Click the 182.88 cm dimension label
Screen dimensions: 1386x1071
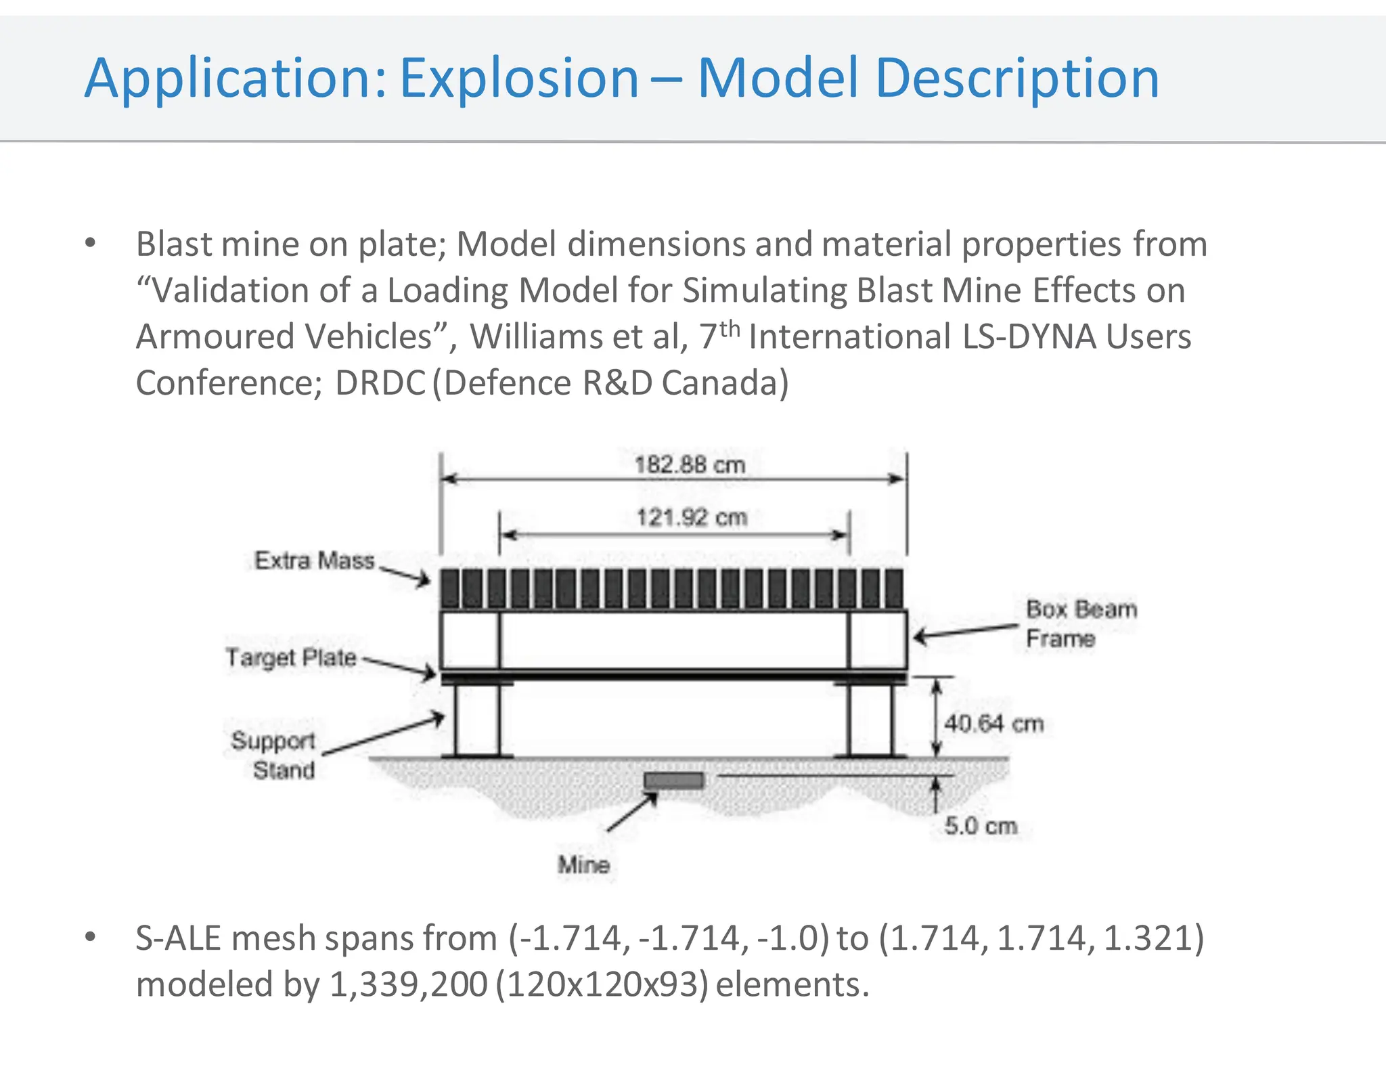(x=690, y=465)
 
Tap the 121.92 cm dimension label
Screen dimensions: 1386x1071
(x=692, y=518)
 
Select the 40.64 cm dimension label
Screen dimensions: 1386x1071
(x=993, y=724)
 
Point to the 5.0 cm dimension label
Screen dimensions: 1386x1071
(x=981, y=826)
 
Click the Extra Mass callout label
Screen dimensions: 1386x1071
(x=314, y=561)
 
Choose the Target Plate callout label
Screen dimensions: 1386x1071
(x=291, y=657)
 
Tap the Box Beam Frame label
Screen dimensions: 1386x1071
(x=1081, y=624)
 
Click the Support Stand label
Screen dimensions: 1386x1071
(x=274, y=755)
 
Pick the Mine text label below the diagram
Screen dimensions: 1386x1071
(x=583, y=865)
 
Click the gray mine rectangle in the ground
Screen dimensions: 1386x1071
(x=673, y=781)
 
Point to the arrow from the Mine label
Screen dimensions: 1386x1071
(x=632, y=812)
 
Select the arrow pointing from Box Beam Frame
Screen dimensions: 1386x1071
(x=964, y=632)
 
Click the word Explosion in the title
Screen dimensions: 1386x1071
(x=519, y=79)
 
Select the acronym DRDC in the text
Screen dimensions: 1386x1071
(x=380, y=383)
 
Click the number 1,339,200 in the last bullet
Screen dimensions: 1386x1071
(x=408, y=984)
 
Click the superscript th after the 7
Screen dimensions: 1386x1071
(x=730, y=329)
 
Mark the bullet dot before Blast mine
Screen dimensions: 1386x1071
(x=91, y=243)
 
